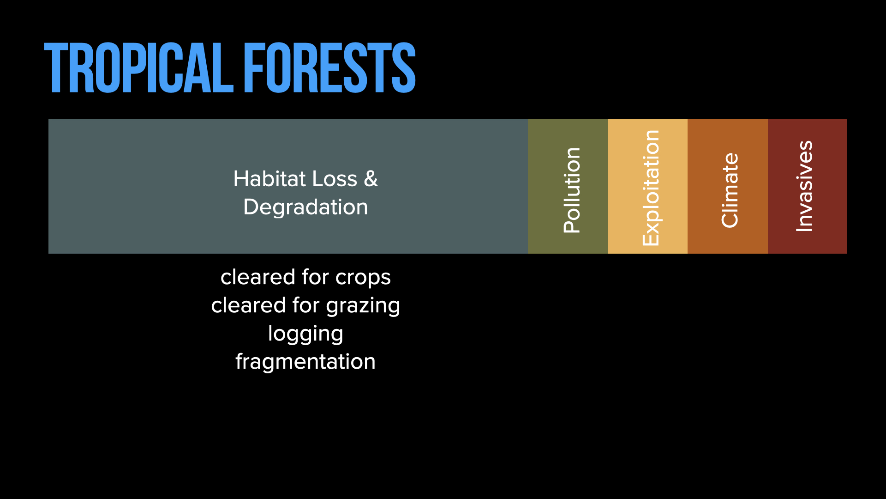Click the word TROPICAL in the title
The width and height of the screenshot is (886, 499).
click(x=139, y=68)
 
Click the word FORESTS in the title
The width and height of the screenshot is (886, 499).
click(x=329, y=68)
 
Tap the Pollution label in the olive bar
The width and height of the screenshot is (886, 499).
click(x=572, y=190)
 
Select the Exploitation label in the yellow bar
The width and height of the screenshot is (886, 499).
click(x=651, y=188)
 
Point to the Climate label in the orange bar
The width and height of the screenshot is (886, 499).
click(x=730, y=190)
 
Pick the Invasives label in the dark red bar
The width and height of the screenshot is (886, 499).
click(x=804, y=186)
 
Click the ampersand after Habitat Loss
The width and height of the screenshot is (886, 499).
click(x=371, y=179)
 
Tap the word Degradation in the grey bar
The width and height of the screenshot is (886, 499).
click(x=305, y=207)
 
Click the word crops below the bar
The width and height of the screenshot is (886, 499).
click(x=363, y=278)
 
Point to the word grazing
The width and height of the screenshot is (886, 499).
click(x=363, y=306)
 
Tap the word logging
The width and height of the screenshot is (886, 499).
click(x=305, y=334)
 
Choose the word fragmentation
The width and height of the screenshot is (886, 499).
click(x=305, y=361)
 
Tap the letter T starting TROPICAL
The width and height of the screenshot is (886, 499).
click(x=56, y=68)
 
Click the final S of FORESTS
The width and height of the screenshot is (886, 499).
click(x=404, y=68)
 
